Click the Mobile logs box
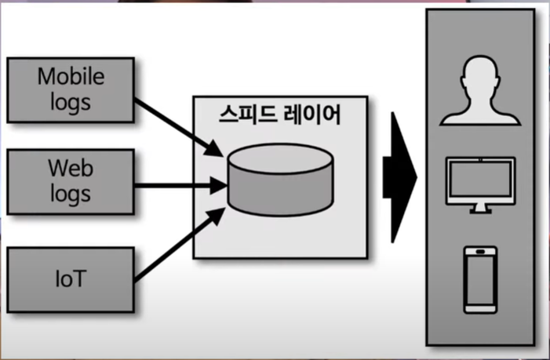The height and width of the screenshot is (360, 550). coord(70,89)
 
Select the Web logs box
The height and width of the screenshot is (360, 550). coord(70,181)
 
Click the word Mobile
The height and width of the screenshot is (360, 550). coord(71,78)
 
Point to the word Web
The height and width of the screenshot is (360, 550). coord(70,169)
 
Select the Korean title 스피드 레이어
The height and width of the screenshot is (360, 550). coord(279,115)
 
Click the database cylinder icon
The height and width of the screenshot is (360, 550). coord(280,180)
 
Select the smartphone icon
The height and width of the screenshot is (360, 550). coord(479,278)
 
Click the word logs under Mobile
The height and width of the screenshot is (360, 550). coord(70,101)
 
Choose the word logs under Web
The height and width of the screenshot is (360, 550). coord(70,192)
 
